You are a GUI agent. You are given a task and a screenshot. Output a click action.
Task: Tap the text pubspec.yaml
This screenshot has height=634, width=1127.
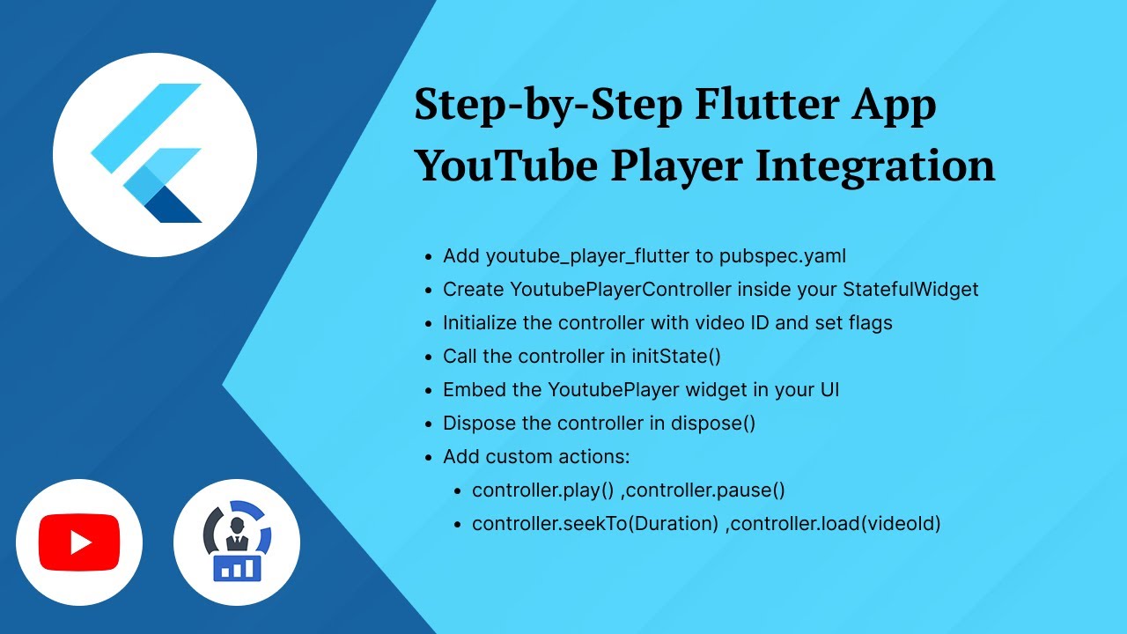782,256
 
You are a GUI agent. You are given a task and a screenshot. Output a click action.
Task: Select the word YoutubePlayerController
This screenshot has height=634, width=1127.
621,290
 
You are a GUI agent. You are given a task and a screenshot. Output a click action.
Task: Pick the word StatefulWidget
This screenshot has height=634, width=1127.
910,290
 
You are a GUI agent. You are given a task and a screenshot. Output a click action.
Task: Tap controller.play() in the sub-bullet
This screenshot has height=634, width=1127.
541,490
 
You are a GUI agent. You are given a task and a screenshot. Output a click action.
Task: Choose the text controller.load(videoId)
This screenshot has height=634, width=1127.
836,524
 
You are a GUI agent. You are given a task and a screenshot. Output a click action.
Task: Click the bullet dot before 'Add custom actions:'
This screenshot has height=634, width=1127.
428,458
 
